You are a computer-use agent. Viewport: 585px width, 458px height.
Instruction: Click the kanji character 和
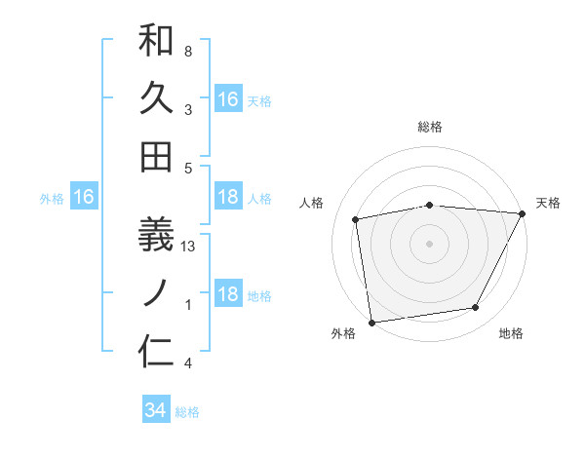point(156,41)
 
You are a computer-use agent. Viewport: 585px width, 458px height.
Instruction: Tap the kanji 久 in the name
point(156,98)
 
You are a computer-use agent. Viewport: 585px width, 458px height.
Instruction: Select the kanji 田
point(156,156)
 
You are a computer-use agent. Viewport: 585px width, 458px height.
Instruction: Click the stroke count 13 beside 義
point(188,248)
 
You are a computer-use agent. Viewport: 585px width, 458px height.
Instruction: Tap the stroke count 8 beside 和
point(188,51)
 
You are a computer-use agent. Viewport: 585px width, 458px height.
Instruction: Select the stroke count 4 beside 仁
point(188,363)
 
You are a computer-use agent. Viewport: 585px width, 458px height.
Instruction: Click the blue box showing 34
point(155,411)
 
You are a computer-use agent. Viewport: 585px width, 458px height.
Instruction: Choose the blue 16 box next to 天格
point(228,99)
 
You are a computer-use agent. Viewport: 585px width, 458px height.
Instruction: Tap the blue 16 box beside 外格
point(84,198)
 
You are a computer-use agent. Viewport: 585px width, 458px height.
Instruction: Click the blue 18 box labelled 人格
point(228,198)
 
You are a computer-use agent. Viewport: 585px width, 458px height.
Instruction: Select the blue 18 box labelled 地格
point(228,295)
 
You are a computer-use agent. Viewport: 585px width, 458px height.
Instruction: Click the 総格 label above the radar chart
point(430,127)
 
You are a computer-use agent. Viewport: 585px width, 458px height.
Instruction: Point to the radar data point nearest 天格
point(523,213)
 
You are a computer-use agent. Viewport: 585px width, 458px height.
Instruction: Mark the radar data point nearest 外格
point(371,322)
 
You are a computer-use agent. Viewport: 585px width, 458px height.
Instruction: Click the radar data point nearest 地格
point(476,308)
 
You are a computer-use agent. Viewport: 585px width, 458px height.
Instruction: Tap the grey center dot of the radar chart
point(430,243)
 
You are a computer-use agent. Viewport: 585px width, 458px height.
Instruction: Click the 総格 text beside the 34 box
point(187,412)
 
